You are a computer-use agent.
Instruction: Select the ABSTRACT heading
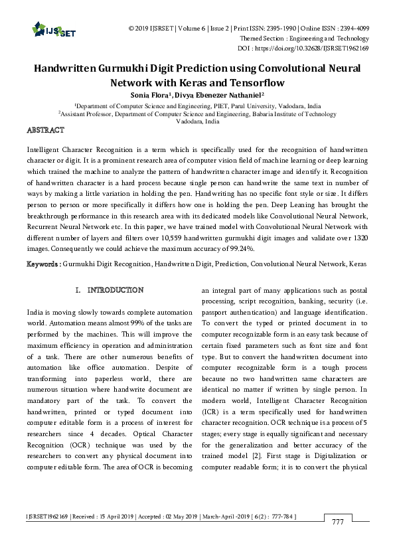click(45, 129)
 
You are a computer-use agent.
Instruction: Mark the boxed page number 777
click(339, 522)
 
